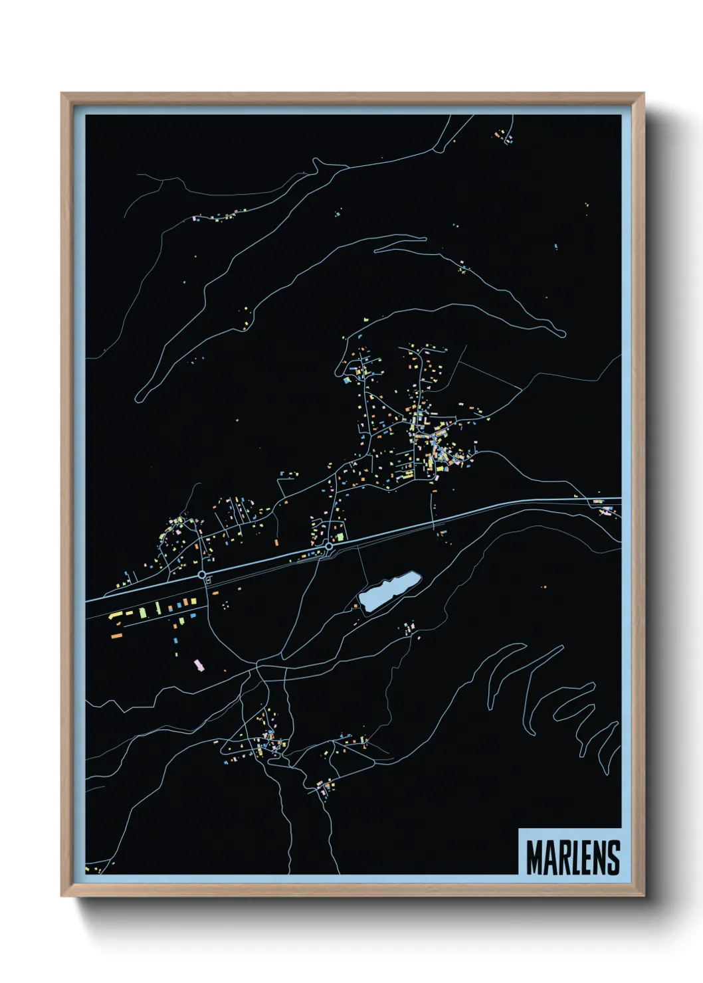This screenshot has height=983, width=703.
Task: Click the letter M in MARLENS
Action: point(534,857)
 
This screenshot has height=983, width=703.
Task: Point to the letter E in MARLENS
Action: point(587,857)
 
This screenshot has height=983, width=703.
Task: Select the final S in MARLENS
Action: point(613,857)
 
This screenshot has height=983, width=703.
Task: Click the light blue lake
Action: point(389,591)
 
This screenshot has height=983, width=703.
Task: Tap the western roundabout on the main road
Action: point(201,575)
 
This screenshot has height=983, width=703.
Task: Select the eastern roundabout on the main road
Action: point(328,547)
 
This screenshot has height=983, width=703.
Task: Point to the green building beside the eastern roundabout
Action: point(340,536)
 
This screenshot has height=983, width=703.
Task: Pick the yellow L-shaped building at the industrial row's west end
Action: point(115,616)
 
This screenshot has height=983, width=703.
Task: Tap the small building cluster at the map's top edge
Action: point(503,137)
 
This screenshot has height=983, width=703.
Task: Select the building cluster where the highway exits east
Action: point(605,510)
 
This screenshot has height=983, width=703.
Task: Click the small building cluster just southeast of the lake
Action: point(409,628)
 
